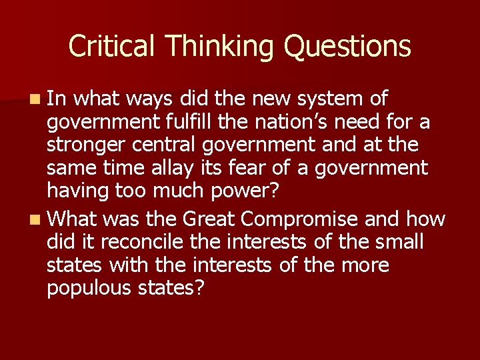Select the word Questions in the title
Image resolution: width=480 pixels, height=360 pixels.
[x=347, y=46]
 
